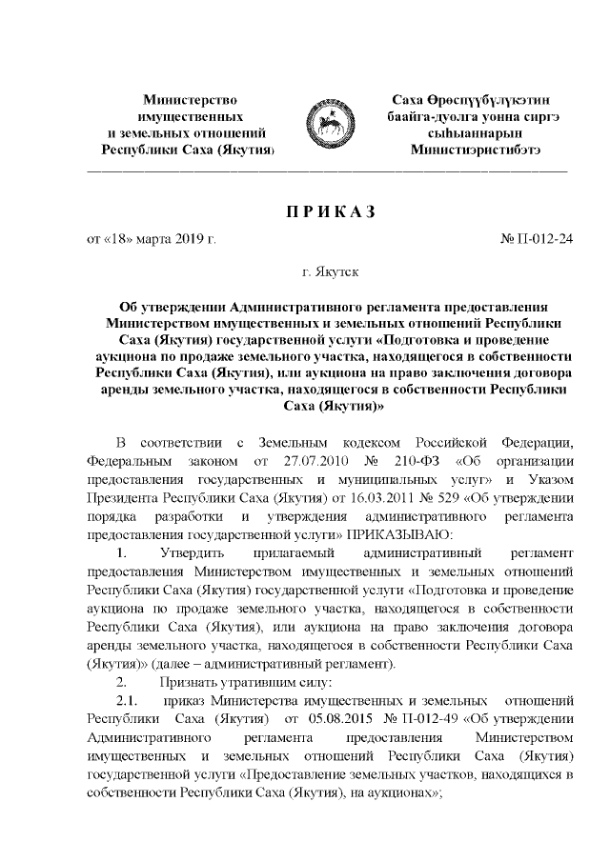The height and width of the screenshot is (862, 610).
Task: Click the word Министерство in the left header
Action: point(188,99)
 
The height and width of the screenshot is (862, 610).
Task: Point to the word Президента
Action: point(121,496)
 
